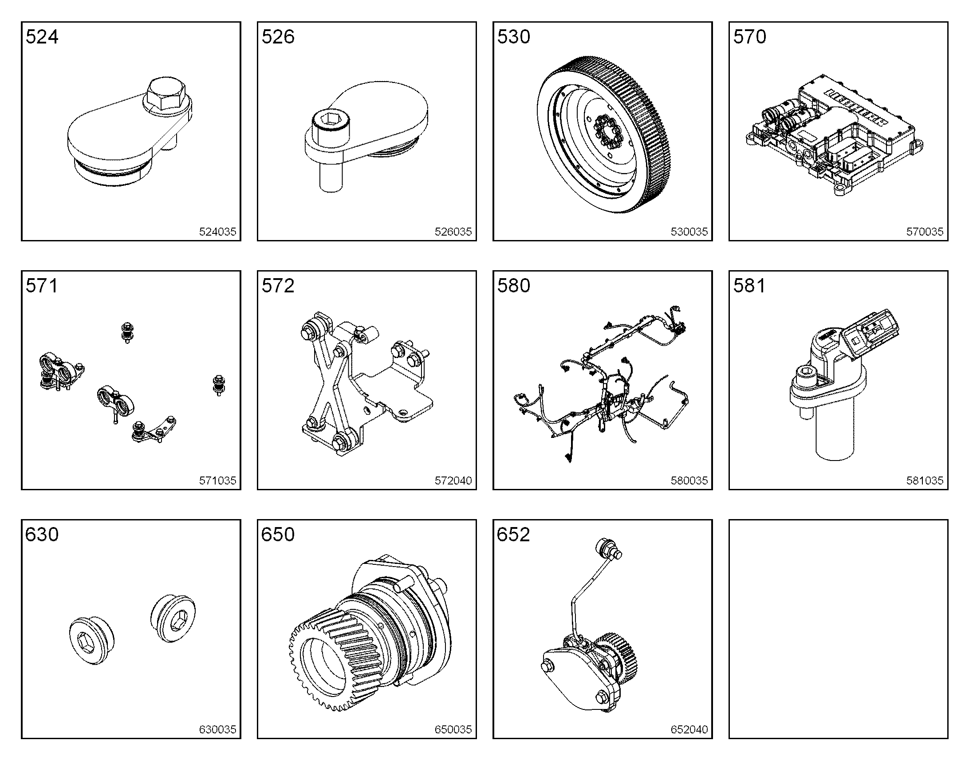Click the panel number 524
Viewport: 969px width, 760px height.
pyautogui.click(x=42, y=36)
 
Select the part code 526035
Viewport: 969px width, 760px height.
pyautogui.click(x=453, y=232)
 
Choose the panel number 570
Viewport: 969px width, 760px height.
pyautogui.click(x=750, y=36)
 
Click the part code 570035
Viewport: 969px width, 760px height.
pyautogui.click(x=925, y=232)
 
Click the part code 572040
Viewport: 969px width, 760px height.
pyautogui.click(x=453, y=480)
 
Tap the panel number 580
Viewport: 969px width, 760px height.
pyautogui.click(x=514, y=286)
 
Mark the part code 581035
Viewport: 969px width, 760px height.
pyautogui.click(x=925, y=480)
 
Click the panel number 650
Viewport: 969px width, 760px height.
pyautogui.click(x=278, y=535)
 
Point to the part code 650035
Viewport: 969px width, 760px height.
pyautogui.click(x=453, y=729)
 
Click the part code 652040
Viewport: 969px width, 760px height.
pyautogui.click(x=689, y=729)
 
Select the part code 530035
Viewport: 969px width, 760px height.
pyautogui.click(x=689, y=232)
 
